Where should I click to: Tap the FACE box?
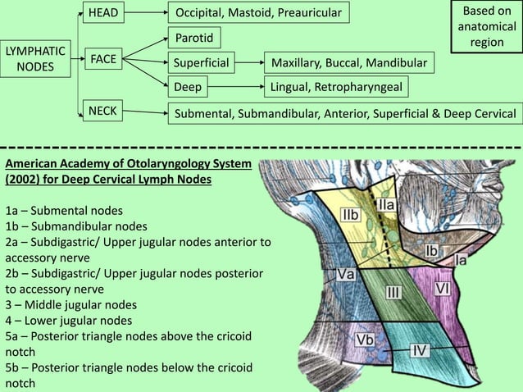coord(103,59)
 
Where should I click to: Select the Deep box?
coord(188,86)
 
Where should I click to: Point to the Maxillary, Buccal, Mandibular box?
coord(352,62)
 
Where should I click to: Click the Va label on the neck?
coord(343,276)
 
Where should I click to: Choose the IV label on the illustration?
coord(418,350)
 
